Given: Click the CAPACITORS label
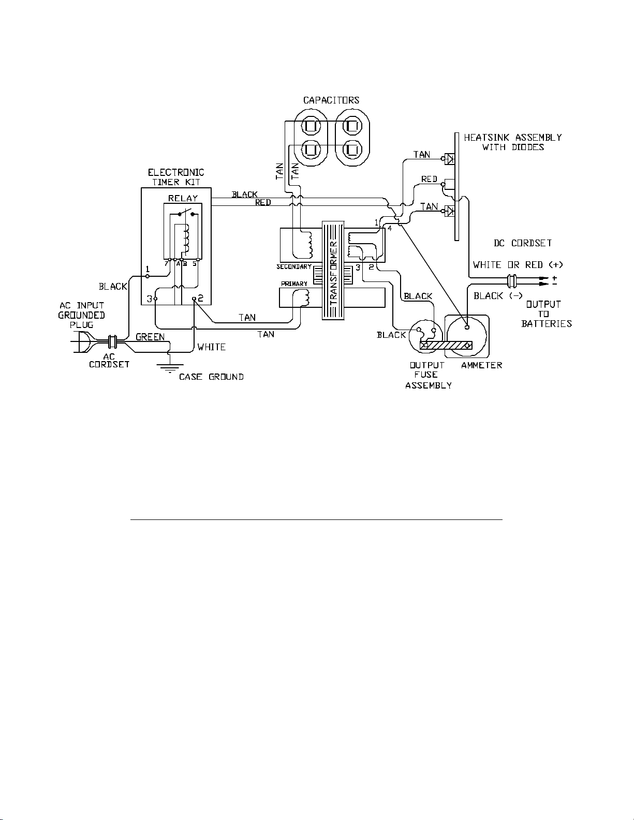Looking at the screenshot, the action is pyautogui.click(x=331, y=100).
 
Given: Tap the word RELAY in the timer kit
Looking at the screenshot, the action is pyautogui.click(x=183, y=198).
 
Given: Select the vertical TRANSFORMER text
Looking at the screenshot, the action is pyautogui.click(x=333, y=271).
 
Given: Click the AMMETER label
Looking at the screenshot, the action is pyautogui.click(x=481, y=365).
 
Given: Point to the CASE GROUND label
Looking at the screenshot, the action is pyautogui.click(x=211, y=377).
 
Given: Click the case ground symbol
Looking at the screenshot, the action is pyautogui.click(x=170, y=368).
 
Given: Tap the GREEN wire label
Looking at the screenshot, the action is pyautogui.click(x=150, y=337).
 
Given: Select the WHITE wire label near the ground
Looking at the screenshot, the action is pyautogui.click(x=211, y=347).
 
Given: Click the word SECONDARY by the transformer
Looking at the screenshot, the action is pyautogui.click(x=294, y=267).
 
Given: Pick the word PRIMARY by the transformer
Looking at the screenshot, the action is pyautogui.click(x=294, y=284).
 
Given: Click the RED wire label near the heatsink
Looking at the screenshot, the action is pyautogui.click(x=429, y=179).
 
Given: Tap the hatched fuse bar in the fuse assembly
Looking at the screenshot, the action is pyautogui.click(x=446, y=345).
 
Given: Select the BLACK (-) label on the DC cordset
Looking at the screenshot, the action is pyautogui.click(x=498, y=296).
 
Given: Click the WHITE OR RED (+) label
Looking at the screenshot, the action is pyautogui.click(x=518, y=265).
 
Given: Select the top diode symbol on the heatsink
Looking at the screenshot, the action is pyautogui.click(x=449, y=159).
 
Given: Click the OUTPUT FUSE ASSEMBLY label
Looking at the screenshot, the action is pyautogui.click(x=429, y=375).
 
